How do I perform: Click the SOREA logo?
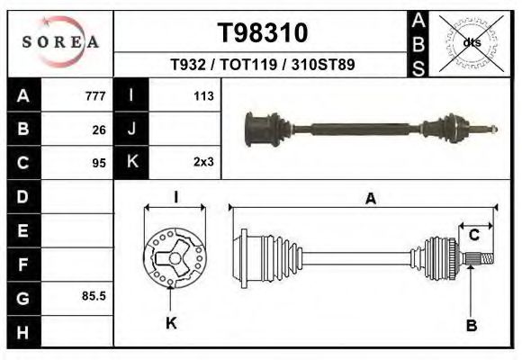[60, 41]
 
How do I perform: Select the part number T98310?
[263, 33]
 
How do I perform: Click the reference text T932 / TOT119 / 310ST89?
[262, 65]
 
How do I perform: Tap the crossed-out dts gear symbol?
[472, 42]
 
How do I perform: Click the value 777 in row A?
[94, 96]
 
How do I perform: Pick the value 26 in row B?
[99, 130]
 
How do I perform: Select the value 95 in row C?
[99, 163]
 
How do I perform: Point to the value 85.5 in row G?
[94, 296]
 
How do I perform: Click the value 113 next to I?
[202, 96]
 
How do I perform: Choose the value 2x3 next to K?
[202, 163]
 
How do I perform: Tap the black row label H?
[22, 330]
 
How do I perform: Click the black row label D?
[22, 196]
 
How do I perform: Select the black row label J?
[131, 130]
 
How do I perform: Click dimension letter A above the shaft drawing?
[370, 200]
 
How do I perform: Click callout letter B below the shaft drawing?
[471, 325]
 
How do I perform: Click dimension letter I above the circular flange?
[175, 197]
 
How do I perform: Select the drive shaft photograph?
[369, 129]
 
